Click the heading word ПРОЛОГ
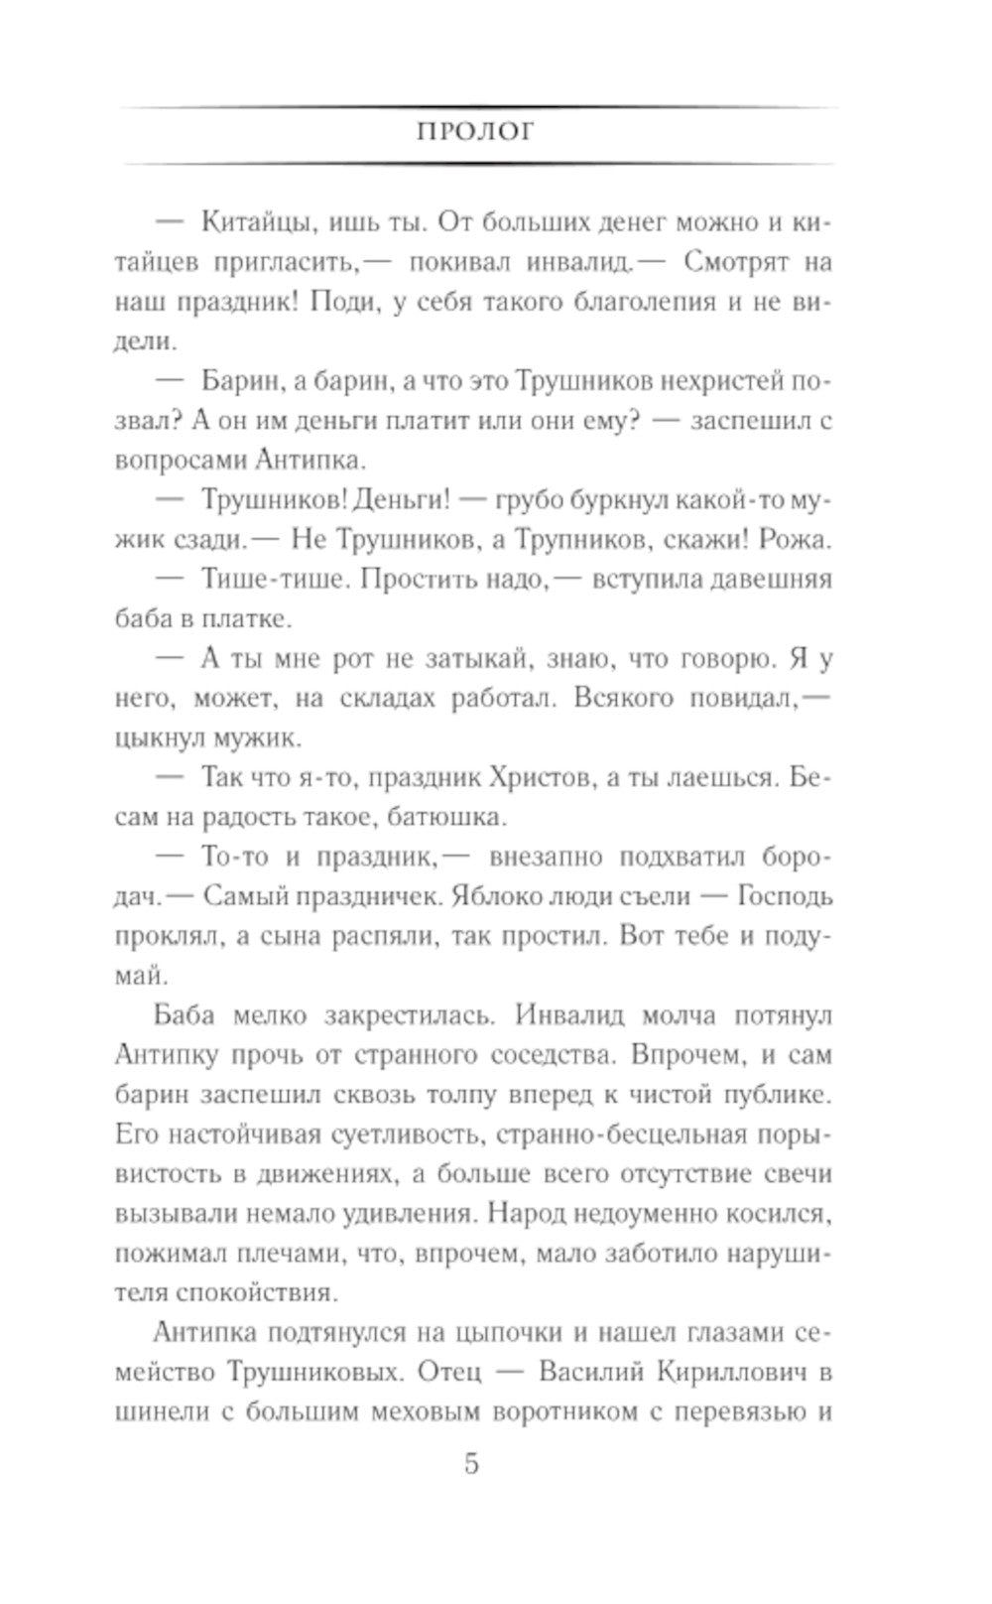tap(474, 133)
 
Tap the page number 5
tap(472, 1463)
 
